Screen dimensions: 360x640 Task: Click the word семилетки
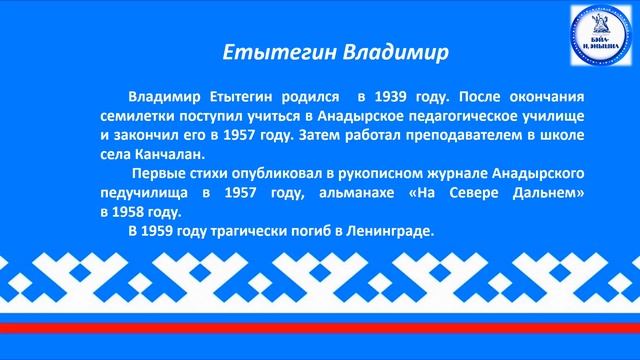(x=137, y=117)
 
